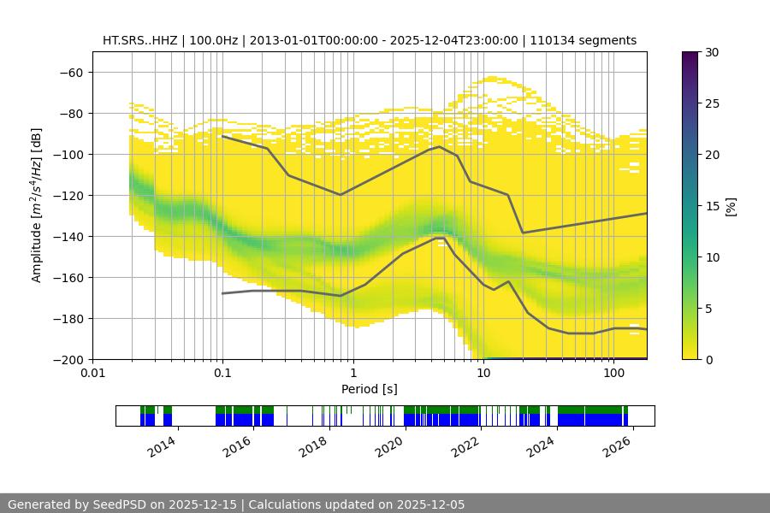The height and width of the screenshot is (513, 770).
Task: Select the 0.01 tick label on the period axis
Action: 92,372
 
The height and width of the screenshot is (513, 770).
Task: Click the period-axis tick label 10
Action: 483,372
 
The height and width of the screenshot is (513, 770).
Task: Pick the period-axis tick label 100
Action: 613,372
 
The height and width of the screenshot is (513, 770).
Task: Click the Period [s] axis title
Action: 369,389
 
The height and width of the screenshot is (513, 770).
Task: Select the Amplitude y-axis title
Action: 37,205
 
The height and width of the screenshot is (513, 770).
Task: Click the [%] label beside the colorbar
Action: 730,206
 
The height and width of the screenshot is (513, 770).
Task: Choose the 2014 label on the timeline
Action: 163,445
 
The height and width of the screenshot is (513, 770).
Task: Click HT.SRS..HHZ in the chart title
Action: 140,40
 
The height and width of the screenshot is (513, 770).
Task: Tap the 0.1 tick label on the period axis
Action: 222,372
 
